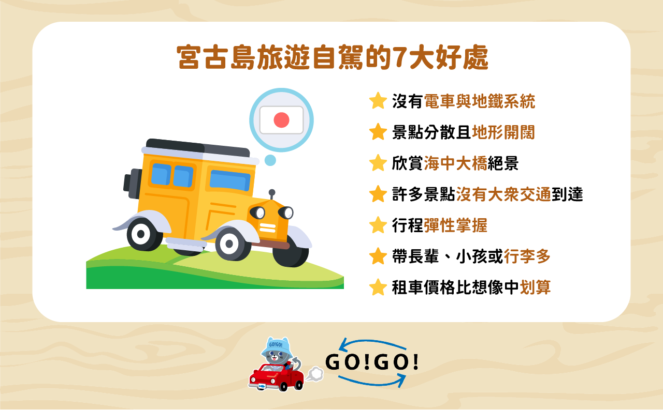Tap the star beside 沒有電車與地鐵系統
pos(378,101)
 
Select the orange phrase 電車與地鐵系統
pos(479,101)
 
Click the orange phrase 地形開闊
pos(503,132)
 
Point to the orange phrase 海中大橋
pos(455,163)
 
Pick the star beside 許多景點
pos(378,194)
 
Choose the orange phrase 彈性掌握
pos(455,225)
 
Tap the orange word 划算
pos(535,287)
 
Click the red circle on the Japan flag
pos(281,120)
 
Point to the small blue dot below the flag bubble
pos(270,160)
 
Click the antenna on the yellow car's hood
pos(272,195)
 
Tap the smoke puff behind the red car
pos(314,374)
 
